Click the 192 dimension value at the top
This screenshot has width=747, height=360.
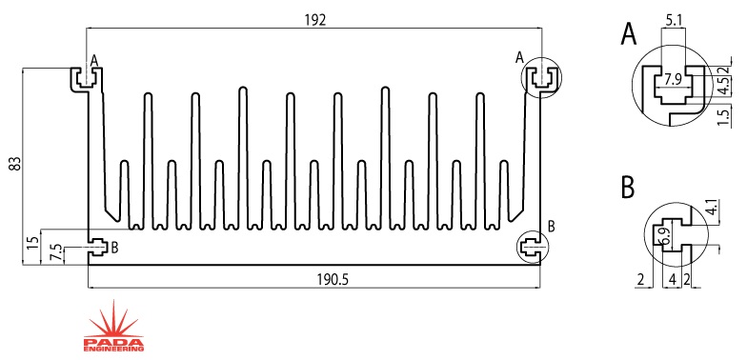(x=314, y=20)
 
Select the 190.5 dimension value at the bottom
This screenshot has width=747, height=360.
(x=333, y=280)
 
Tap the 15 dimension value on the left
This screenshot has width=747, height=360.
(x=32, y=243)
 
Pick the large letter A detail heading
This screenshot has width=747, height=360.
(x=629, y=34)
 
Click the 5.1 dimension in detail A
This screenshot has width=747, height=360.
(x=673, y=21)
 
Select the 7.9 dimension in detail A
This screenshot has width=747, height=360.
(x=673, y=80)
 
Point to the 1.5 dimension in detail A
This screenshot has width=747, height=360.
(x=722, y=118)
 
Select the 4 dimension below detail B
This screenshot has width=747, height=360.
(x=673, y=280)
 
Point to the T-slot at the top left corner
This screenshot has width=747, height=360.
(x=87, y=79)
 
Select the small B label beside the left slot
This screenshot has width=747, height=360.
(x=114, y=248)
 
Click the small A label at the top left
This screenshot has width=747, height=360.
(x=93, y=61)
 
